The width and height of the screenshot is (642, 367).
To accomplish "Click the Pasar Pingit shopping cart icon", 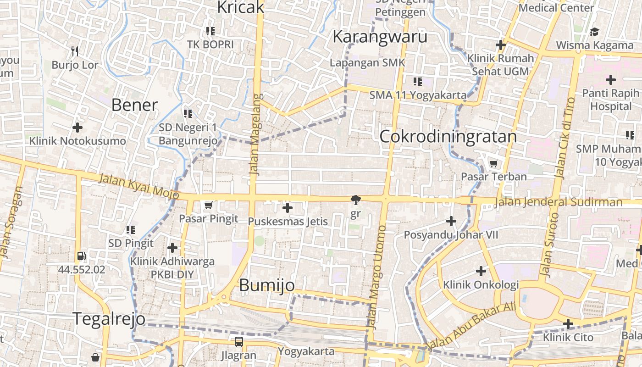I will coord(209,205).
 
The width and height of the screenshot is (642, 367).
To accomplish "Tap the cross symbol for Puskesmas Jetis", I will coord(288,208).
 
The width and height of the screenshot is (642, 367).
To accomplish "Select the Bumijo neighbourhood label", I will coord(267,285).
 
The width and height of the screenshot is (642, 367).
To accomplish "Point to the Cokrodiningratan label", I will coord(448,137).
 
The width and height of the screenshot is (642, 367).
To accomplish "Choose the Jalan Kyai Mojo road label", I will coord(138,185).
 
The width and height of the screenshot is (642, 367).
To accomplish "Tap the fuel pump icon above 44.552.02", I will coord(81,256).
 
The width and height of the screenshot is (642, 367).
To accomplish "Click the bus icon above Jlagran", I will coord(239,342).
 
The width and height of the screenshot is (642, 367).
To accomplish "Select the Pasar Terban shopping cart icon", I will coord(494,163).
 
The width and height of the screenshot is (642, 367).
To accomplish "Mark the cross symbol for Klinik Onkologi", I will coord(481,271).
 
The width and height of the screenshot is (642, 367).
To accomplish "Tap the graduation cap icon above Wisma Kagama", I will coord(595,32).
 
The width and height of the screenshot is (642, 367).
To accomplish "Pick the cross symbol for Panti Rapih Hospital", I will coord(610,80).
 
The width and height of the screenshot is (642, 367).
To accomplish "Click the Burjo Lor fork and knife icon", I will coord(75,51).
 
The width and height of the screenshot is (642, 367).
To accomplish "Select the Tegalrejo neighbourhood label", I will coord(109,318).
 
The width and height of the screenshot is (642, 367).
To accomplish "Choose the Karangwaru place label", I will coord(380,37).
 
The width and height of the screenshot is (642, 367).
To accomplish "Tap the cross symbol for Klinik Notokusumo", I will coord(77,127).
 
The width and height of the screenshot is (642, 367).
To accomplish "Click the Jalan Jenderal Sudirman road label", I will coord(559,202).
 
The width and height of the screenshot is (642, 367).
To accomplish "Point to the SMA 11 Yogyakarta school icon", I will coord(417,82).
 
